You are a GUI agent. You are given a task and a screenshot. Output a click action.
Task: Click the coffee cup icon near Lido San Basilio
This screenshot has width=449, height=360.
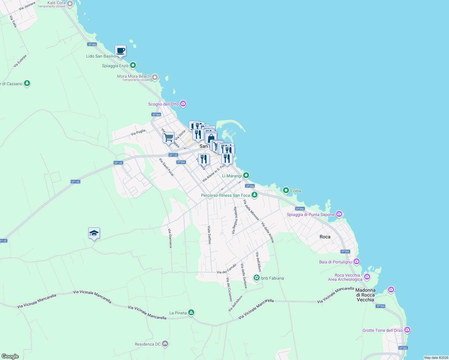(120, 51)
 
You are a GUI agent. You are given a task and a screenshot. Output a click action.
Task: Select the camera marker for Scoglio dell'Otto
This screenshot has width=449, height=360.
(183, 104)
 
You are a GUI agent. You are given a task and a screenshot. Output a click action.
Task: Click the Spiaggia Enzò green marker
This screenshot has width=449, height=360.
(133, 65)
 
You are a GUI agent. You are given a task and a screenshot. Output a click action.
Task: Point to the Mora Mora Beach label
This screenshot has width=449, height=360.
(134, 76)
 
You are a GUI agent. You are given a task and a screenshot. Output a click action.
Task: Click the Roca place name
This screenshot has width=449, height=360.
(325, 237)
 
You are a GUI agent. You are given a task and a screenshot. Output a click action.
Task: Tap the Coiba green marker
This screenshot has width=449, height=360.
(286, 190)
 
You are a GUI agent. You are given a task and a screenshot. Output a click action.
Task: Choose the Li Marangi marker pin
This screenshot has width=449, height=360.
(246, 175)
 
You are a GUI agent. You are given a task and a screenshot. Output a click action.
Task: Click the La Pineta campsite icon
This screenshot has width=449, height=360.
(191, 313)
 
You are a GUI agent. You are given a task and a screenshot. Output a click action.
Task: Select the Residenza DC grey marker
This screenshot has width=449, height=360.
(165, 344)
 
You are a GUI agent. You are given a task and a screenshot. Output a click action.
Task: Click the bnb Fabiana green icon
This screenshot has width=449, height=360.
(257, 278)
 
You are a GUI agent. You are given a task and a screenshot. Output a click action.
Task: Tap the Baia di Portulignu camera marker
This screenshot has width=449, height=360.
(356, 262)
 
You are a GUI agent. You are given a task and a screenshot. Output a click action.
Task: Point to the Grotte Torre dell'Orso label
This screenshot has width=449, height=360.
(382, 330)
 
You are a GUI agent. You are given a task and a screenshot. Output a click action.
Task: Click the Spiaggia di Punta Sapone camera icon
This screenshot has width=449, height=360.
(339, 214)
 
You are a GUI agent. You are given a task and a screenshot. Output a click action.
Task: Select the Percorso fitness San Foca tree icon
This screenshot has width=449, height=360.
(255, 195)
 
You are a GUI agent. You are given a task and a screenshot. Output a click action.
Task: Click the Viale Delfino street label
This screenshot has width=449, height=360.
(209, 235)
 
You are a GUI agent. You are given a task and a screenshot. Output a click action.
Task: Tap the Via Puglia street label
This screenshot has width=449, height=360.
(138, 132)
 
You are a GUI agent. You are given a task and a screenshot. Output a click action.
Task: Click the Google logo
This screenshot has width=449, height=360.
(10, 356)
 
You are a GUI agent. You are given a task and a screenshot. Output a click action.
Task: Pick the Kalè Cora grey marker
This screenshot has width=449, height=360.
(70, 4)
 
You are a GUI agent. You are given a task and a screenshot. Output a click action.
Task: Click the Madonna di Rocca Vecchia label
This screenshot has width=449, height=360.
(365, 295)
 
